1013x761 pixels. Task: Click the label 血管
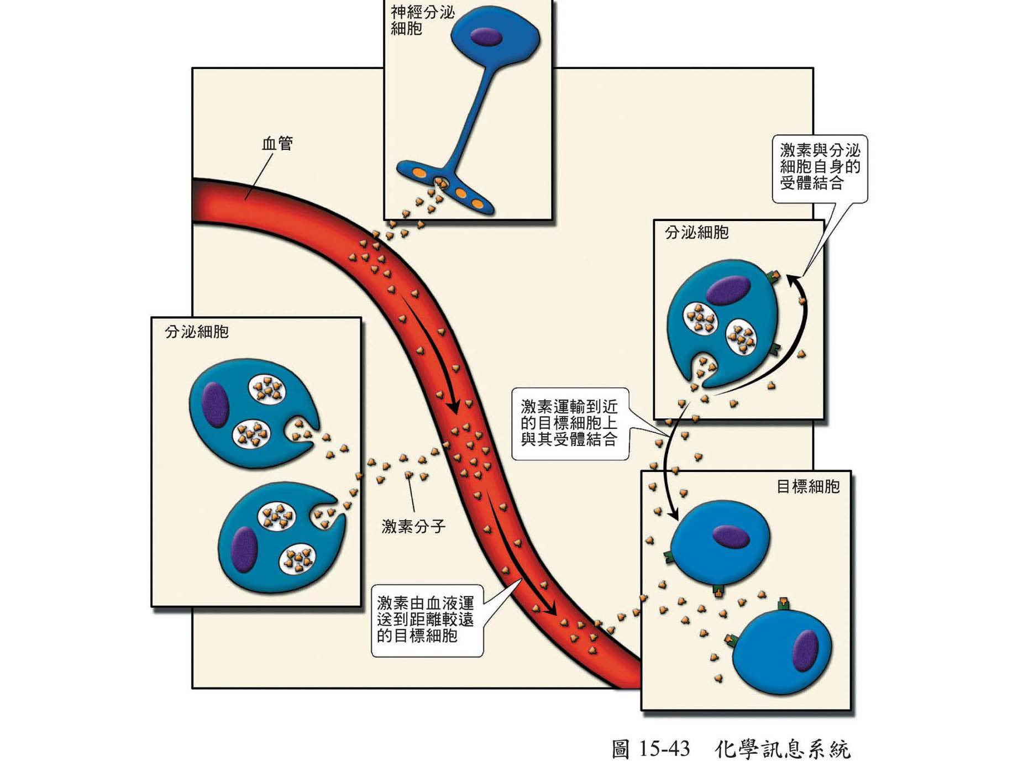pyautogui.click(x=277, y=144)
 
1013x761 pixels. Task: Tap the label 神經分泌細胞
pyautogui.click(x=422, y=20)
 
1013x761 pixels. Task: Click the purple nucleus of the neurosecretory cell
pyautogui.click(x=486, y=37)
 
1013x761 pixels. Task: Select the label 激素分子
pyautogui.click(x=413, y=526)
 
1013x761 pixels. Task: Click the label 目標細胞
pyautogui.click(x=807, y=487)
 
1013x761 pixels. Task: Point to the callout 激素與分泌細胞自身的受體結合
pyautogui.click(x=820, y=167)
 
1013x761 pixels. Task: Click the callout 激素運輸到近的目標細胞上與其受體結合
pyautogui.click(x=569, y=423)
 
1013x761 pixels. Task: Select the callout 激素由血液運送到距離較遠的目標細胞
pyautogui.click(x=426, y=620)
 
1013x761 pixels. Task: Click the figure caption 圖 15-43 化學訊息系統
pyautogui.click(x=731, y=749)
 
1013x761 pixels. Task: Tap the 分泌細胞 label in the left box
pyautogui.click(x=197, y=332)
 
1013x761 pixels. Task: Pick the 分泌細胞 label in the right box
pyautogui.click(x=696, y=233)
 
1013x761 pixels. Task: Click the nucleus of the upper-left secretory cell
pyautogui.click(x=216, y=405)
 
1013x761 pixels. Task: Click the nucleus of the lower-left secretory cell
pyautogui.click(x=244, y=549)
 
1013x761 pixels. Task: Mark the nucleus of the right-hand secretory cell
pyautogui.click(x=728, y=291)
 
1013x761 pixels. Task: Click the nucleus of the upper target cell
pyautogui.click(x=731, y=536)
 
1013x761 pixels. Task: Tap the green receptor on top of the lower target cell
pyautogui.click(x=783, y=603)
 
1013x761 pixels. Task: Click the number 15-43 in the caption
pyautogui.click(x=663, y=749)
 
